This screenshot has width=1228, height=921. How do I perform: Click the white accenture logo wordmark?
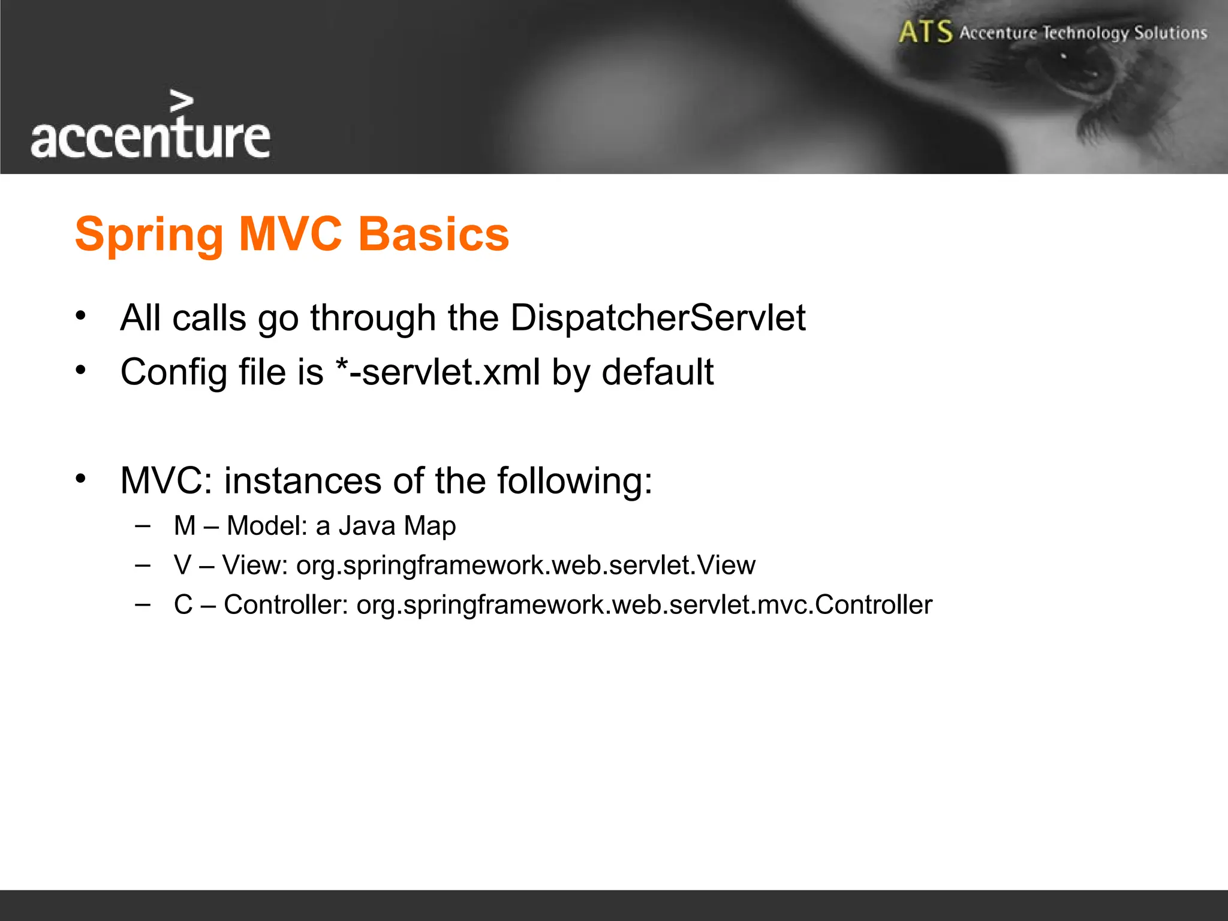[150, 139]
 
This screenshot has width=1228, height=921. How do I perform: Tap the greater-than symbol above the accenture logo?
[181, 101]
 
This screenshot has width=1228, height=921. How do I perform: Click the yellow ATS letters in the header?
[925, 32]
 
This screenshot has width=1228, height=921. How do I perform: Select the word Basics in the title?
[434, 234]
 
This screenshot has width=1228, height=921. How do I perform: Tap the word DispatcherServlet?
[658, 318]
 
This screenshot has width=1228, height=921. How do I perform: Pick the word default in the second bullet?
[657, 372]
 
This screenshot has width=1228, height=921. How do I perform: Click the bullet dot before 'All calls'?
[81, 315]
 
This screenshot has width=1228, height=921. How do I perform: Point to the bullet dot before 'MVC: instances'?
[81, 478]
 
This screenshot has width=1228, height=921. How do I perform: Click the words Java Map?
[397, 526]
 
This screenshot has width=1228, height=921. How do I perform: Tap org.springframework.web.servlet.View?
[526, 565]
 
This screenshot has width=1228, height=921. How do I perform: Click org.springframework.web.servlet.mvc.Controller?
[644, 605]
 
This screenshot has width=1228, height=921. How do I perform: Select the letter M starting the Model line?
[185, 526]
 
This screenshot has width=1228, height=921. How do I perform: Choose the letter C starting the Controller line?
[183, 605]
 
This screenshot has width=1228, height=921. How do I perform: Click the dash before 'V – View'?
[143, 565]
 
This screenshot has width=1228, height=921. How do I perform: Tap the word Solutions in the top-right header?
[1170, 33]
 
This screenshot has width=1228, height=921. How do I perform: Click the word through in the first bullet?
[372, 318]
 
